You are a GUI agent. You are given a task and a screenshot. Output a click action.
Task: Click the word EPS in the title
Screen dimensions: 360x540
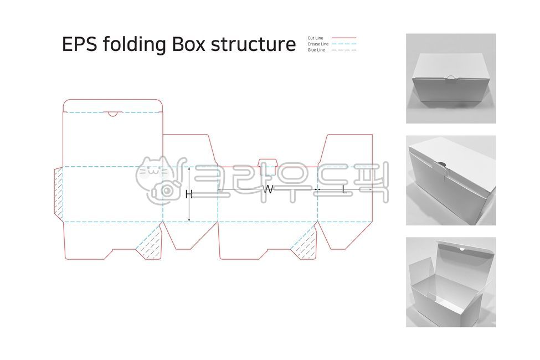click(x=79, y=44)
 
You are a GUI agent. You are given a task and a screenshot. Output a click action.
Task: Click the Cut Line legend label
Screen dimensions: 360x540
click(x=315, y=38)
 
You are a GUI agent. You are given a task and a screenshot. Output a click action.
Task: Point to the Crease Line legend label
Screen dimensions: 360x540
click(x=318, y=44)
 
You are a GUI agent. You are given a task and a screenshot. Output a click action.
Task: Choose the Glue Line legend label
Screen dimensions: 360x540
click(x=316, y=50)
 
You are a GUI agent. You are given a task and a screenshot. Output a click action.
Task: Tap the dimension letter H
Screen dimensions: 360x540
click(x=188, y=194)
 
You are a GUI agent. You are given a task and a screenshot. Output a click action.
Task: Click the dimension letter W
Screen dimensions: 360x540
click(x=268, y=189)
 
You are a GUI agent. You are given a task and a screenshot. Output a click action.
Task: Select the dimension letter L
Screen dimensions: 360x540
click(x=344, y=189)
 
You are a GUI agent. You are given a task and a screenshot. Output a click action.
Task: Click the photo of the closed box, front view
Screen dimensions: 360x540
click(x=451, y=78)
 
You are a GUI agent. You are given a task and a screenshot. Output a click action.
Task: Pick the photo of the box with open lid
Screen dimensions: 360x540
click(x=451, y=282)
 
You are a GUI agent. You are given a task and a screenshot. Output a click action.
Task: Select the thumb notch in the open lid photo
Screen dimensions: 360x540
click(x=461, y=250)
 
